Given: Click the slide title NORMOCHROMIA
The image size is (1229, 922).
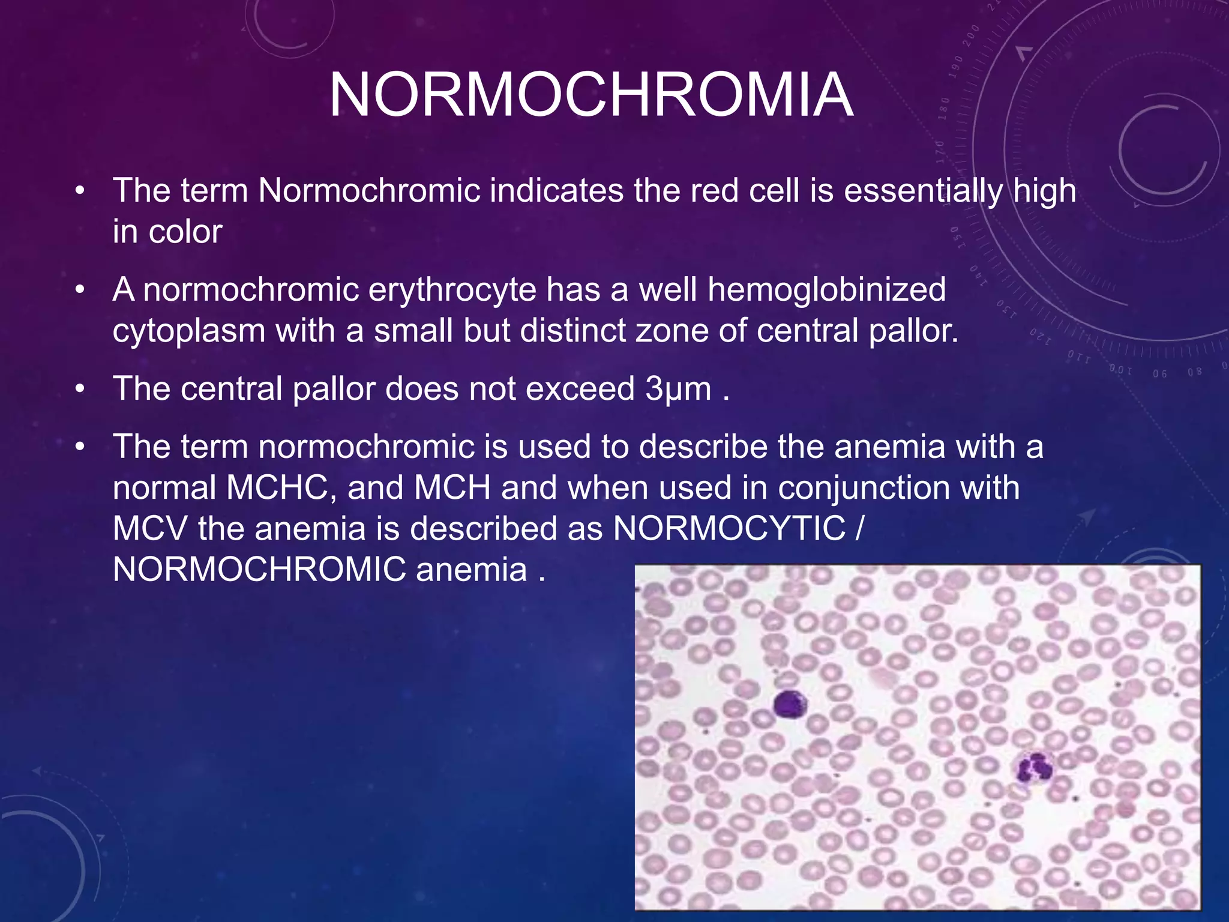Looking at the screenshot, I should (591, 95).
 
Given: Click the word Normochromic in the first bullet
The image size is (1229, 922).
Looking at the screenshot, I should (369, 191).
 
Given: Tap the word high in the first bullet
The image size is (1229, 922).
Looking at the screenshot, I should (1045, 191).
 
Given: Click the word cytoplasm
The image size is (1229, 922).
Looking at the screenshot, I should (189, 331).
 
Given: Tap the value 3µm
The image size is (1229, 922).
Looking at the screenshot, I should (678, 389).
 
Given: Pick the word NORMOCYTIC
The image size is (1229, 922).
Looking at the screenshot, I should (729, 529).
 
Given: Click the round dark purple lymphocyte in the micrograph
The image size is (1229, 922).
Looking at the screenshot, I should (790, 704).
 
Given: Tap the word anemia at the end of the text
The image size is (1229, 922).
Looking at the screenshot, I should (471, 570).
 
